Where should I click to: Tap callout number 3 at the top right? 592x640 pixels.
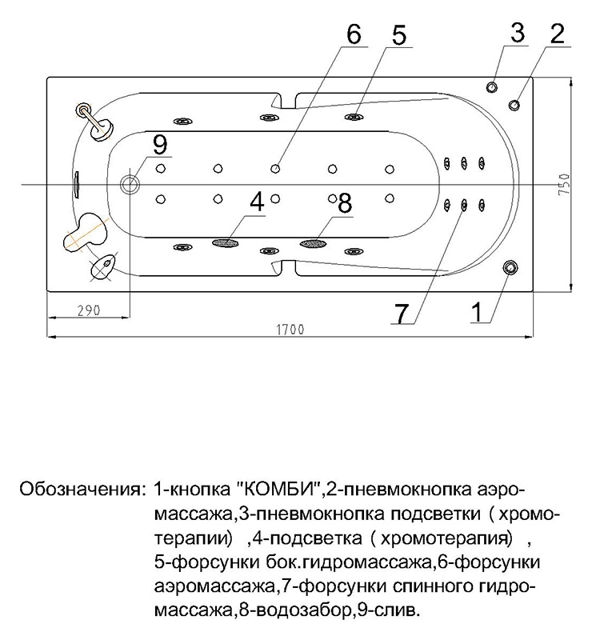click(x=517, y=33)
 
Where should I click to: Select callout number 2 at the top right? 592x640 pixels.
click(x=557, y=33)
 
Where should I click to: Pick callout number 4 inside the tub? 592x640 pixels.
click(x=256, y=203)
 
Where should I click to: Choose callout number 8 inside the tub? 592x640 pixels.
click(x=345, y=203)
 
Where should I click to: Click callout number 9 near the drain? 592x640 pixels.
click(x=160, y=144)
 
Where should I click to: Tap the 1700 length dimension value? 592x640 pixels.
click(x=289, y=329)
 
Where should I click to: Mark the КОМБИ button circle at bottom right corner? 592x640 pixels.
click(x=510, y=267)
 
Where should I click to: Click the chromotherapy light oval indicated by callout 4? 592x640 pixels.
click(x=227, y=241)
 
